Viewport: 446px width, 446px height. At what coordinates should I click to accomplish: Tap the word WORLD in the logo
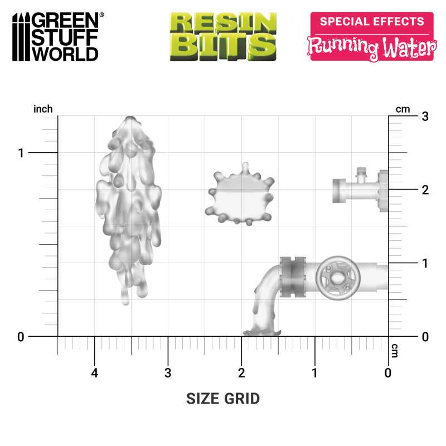pos(65,54)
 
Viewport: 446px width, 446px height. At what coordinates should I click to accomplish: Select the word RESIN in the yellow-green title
pos(223,23)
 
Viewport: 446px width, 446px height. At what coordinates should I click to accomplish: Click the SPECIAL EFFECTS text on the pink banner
pos(371,22)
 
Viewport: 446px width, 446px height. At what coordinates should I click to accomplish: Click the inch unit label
pos(43,109)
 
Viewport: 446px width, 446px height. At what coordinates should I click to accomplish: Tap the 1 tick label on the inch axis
pos(21,153)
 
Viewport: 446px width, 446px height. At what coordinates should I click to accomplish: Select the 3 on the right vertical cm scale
pos(425,117)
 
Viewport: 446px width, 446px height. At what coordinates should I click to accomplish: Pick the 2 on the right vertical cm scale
pos(425,190)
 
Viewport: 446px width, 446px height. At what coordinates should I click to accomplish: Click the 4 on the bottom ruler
pos(95,372)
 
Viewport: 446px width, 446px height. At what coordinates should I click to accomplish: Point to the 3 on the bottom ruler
pos(168,372)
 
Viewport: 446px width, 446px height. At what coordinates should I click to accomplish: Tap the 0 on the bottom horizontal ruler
pos(388,372)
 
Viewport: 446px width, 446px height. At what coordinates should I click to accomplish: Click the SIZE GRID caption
pos(223,399)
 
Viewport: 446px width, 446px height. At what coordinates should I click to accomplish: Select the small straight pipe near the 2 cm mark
pos(357,190)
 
